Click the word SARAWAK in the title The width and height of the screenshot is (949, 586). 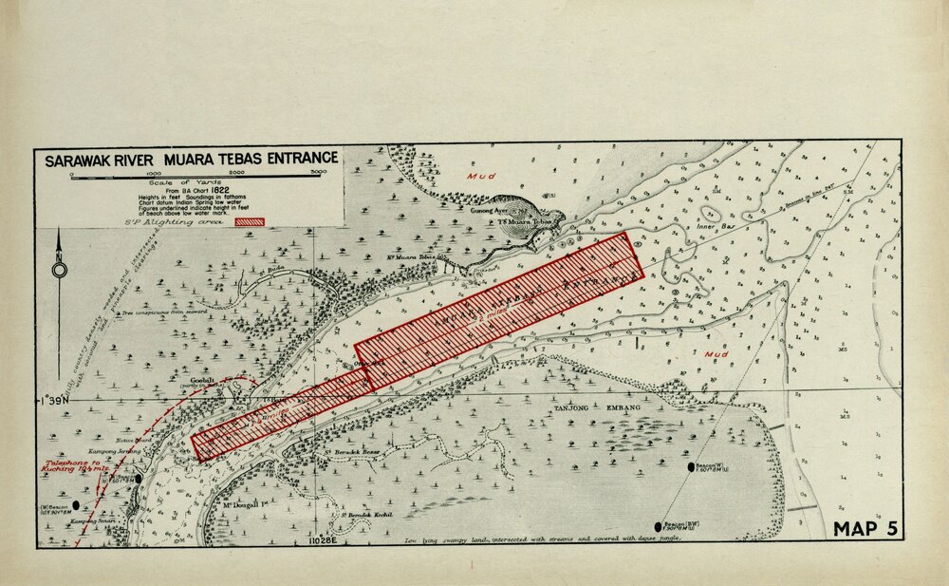[x=83, y=160]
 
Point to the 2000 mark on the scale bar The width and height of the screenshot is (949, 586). [x=235, y=172]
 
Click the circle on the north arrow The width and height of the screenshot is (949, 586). [x=60, y=270]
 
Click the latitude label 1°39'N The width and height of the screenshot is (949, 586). [x=52, y=401]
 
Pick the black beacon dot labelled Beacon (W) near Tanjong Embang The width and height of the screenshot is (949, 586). [x=691, y=466]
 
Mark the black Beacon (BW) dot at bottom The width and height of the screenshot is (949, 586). [x=658, y=526]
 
